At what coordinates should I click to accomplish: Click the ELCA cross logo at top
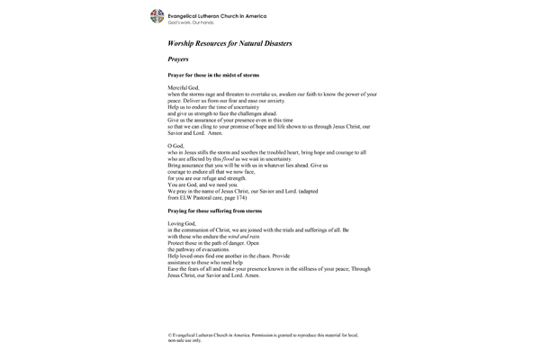coord(158,17)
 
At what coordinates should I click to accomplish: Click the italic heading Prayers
coord(178,58)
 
